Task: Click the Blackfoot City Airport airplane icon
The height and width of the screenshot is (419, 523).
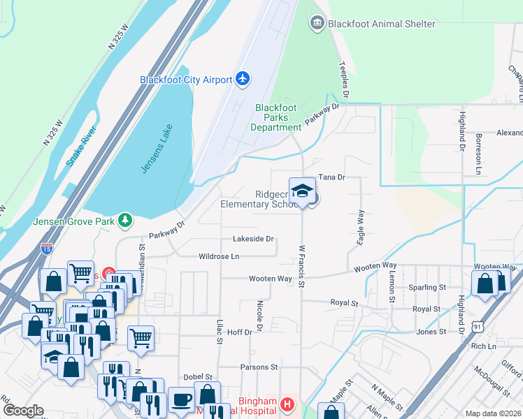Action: coord(243,78)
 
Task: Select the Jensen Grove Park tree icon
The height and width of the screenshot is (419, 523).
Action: coord(125,221)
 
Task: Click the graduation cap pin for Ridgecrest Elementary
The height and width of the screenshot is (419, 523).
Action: coord(302,191)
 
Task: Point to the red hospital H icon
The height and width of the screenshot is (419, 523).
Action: coord(285,404)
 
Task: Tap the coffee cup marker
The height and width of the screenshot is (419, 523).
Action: coord(182,399)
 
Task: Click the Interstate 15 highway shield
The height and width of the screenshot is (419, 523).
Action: coord(46,248)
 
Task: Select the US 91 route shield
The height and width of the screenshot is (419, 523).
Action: coord(476,325)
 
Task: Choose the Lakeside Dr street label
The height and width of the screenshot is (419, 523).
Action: coord(252,239)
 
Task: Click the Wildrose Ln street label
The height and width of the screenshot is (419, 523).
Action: coord(219,256)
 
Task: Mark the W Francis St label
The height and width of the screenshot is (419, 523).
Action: coord(302,265)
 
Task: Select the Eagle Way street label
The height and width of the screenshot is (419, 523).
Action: coord(361,227)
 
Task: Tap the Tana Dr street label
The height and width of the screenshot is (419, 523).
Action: coord(332,177)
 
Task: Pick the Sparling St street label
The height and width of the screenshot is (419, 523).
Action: coord(429,287)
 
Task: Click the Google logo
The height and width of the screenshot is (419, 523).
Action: coord(22,411)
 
